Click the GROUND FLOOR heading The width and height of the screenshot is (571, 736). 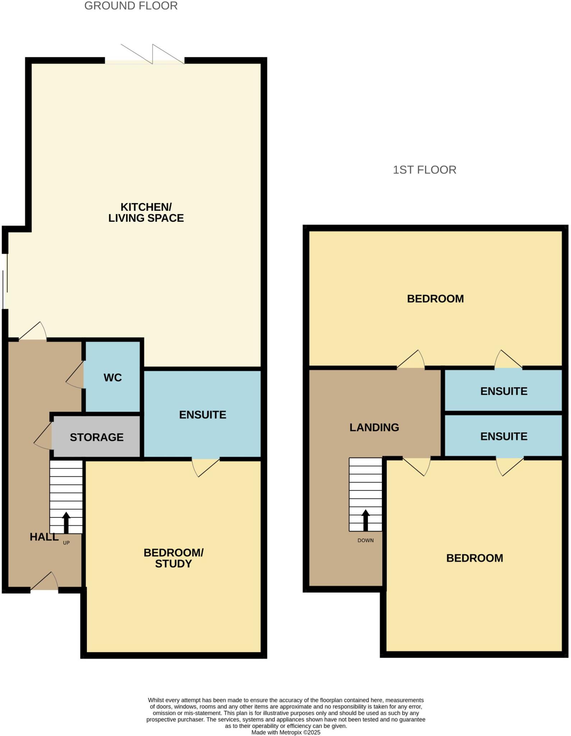tap(131, 6)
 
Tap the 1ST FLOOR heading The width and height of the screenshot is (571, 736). tap(424, 170)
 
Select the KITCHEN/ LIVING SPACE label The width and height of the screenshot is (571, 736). tap(146, 212)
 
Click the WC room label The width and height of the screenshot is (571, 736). tap(112, 377)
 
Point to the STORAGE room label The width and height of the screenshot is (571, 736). tap(96, 437)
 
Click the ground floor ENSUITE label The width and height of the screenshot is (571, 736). tap(203, 415)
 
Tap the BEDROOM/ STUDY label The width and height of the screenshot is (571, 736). tap(173, 558)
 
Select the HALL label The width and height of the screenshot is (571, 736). tap(44, 537)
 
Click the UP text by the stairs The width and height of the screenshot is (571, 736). tap(66, 543)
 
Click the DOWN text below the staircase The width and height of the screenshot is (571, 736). tap(365, 540)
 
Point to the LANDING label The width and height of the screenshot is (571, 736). tap(374, 427)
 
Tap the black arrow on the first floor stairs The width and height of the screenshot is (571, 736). tap(365, 520)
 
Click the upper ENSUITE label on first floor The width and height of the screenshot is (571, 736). tap(504, 391)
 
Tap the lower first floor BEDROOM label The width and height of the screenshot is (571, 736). tap(474, 558)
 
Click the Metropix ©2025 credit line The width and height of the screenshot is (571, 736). tap(286, 732)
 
